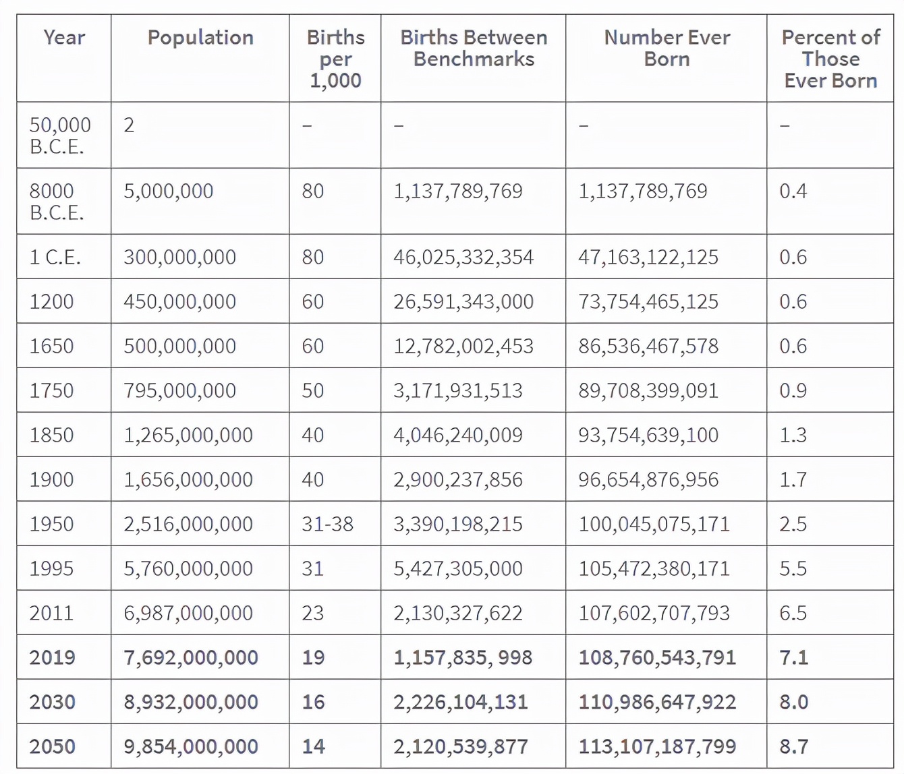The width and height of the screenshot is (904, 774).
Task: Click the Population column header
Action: [200, 38]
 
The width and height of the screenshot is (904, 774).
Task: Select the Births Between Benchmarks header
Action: [474, 48]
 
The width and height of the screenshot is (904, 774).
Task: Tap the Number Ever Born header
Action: [667, 48]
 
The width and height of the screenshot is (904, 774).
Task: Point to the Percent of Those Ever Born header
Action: [830, 59]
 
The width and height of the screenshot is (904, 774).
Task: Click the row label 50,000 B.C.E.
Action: [60, 136]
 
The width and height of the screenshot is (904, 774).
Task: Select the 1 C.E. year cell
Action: [55, 257]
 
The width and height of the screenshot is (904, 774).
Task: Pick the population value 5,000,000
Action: [169, 191]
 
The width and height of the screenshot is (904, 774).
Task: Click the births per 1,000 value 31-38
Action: [328, 524]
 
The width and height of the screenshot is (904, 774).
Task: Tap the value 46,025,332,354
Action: [463, 257]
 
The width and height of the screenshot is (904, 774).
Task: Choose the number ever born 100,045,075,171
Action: [654, 524]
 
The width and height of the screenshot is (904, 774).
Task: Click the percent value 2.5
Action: [793, 524]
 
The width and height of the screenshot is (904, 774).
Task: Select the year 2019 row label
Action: [53, 657]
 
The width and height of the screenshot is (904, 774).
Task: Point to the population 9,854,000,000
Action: [191, 746]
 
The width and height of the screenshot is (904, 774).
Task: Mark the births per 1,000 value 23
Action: [313, 613]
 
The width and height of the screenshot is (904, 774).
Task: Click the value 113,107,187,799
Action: [657, 746]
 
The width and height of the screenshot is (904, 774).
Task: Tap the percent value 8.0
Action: [794, 702]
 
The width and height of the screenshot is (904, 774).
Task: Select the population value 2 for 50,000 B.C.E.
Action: [129, 125]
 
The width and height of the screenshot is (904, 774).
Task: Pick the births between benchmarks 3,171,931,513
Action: [458, 391]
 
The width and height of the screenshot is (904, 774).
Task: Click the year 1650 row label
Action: [51, 346]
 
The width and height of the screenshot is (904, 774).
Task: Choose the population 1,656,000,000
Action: [188, 479]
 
